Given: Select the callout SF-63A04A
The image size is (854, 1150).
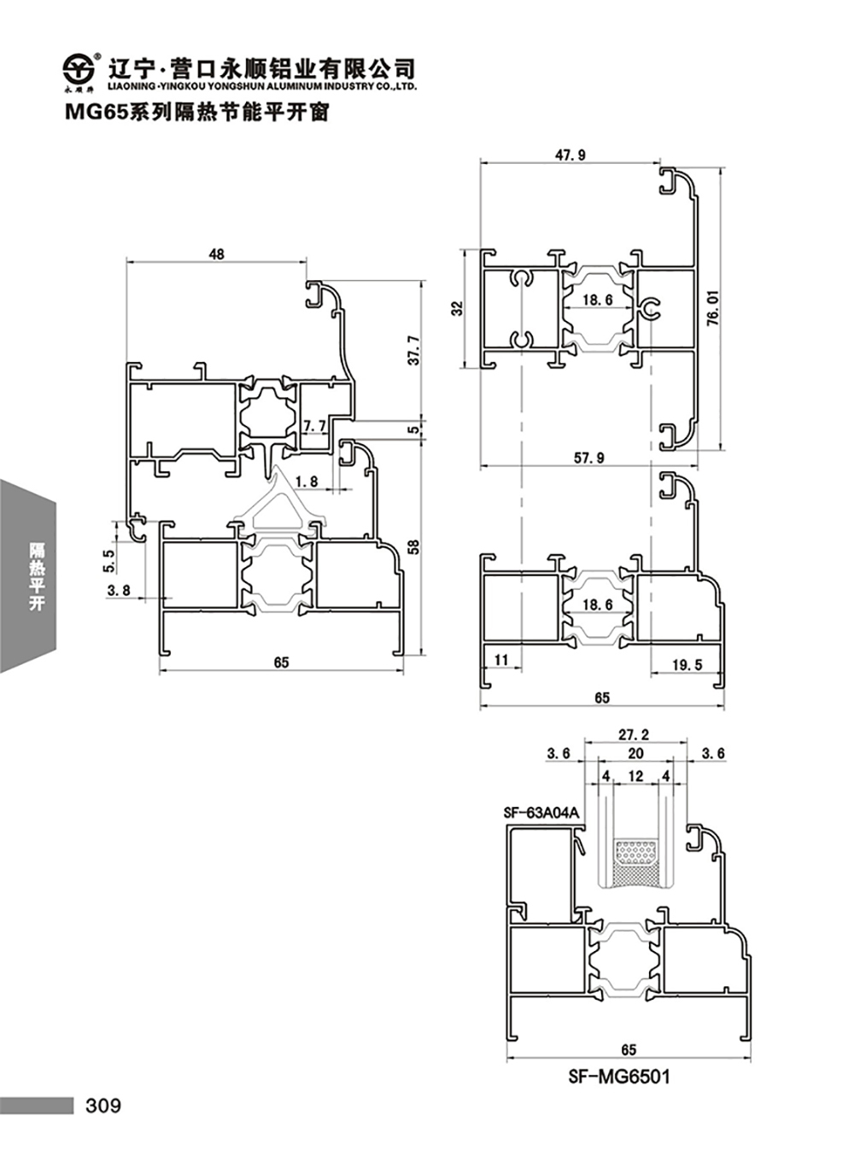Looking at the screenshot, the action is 541,812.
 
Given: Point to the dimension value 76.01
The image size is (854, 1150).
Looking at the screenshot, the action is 714,307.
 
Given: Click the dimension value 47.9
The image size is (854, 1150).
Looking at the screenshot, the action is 570,155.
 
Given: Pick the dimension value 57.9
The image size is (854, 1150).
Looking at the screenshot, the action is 589,458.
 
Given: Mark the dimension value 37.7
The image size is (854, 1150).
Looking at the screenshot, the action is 413,350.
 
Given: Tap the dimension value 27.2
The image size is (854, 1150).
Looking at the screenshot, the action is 634,735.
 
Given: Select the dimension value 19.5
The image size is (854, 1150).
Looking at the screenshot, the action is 687,664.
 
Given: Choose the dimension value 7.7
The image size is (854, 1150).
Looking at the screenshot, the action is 315,426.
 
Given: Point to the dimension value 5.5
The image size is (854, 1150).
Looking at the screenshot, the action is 109,560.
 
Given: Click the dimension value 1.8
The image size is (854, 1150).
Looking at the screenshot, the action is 306,482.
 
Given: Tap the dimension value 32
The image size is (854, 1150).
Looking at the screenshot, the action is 457,309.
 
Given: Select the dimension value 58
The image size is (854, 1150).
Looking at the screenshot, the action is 413,547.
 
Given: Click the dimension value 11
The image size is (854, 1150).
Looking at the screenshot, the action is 501,659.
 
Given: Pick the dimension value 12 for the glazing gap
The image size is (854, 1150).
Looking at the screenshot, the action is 635,776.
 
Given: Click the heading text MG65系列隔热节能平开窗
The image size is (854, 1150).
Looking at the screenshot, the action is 197,113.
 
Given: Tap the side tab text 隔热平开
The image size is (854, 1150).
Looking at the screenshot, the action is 37,576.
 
